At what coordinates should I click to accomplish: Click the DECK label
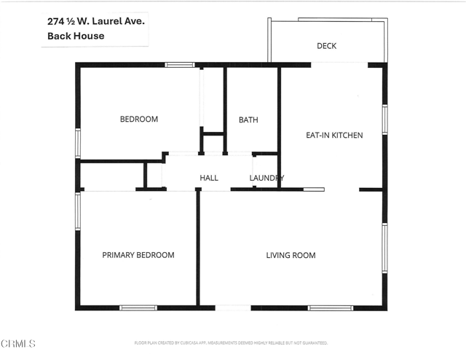327,46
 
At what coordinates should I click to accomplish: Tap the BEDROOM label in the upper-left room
138,119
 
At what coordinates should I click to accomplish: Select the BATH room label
248,120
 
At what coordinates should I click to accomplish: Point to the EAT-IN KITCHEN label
333,135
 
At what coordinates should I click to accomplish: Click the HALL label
209,178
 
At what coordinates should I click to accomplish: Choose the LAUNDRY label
266,178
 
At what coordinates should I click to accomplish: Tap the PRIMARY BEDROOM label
138,254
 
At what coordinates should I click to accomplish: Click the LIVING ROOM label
290,254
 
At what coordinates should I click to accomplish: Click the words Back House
76,36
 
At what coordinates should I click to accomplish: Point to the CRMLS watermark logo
18,343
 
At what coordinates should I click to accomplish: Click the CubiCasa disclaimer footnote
231,342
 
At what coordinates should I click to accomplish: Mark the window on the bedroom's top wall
179,65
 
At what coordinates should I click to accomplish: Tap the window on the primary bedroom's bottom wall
138,308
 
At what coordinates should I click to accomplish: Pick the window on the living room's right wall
384,248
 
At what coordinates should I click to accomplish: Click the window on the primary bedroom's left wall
78,211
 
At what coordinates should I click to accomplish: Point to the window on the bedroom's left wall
78,141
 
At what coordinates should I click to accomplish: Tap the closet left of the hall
112,176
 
